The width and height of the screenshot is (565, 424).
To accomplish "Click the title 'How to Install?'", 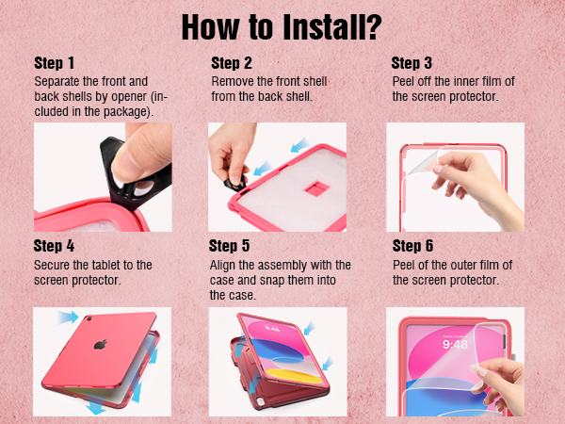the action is pos(282,27).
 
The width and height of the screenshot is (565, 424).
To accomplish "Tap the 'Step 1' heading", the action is pos(55,63).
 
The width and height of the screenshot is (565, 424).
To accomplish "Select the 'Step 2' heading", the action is pos(232,63).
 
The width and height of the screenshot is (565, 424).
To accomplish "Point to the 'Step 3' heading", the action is pos(412,63).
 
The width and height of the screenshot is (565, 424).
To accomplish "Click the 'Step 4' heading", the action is pos(54,246).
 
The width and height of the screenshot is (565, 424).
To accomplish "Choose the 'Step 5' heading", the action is pos(229,246).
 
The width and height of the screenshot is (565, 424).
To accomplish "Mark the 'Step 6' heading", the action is pos(413,246).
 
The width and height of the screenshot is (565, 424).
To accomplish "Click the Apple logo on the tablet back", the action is pos(101,344).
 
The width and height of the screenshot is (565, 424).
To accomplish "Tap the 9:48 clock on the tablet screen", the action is pos(455,345).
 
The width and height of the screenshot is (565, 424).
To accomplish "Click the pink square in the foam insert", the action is pos(317,188).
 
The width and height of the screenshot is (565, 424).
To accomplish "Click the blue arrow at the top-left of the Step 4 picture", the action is pos(69,318).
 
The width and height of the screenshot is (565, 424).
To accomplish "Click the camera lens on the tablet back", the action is pos(89,318).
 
